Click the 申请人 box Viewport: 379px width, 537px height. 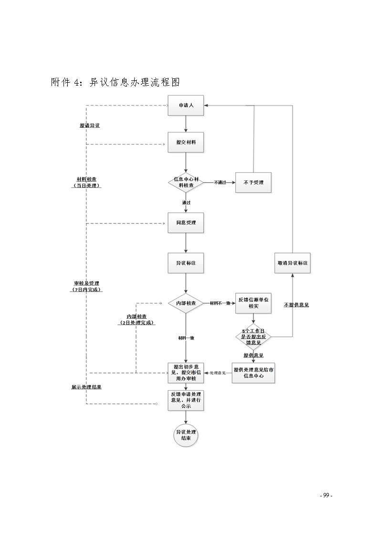coord(186,105)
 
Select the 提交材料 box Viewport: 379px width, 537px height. coord(186,142)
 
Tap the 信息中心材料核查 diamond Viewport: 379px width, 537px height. coord(186,182)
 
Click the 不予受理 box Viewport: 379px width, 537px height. coord(253,182)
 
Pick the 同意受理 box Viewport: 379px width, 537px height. coord(186,223)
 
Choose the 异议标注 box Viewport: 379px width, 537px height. coord(186,263)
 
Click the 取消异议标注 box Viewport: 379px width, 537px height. coord(292,263)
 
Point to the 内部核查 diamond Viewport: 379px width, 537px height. coord(186,303)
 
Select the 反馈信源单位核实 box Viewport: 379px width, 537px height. coord(253,303)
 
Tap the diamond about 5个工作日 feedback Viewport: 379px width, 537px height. coord(253,337)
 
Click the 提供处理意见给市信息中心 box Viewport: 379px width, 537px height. coord(253,373)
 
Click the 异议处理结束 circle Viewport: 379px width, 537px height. coord(186,435)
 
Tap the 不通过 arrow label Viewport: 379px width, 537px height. coord(220,182)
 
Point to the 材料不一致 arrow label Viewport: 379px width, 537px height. coord(220,303)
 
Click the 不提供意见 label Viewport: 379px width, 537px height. coord(296,305)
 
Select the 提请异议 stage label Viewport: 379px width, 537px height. coord(89,125)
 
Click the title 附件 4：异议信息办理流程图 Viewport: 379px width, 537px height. coord(115,82)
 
